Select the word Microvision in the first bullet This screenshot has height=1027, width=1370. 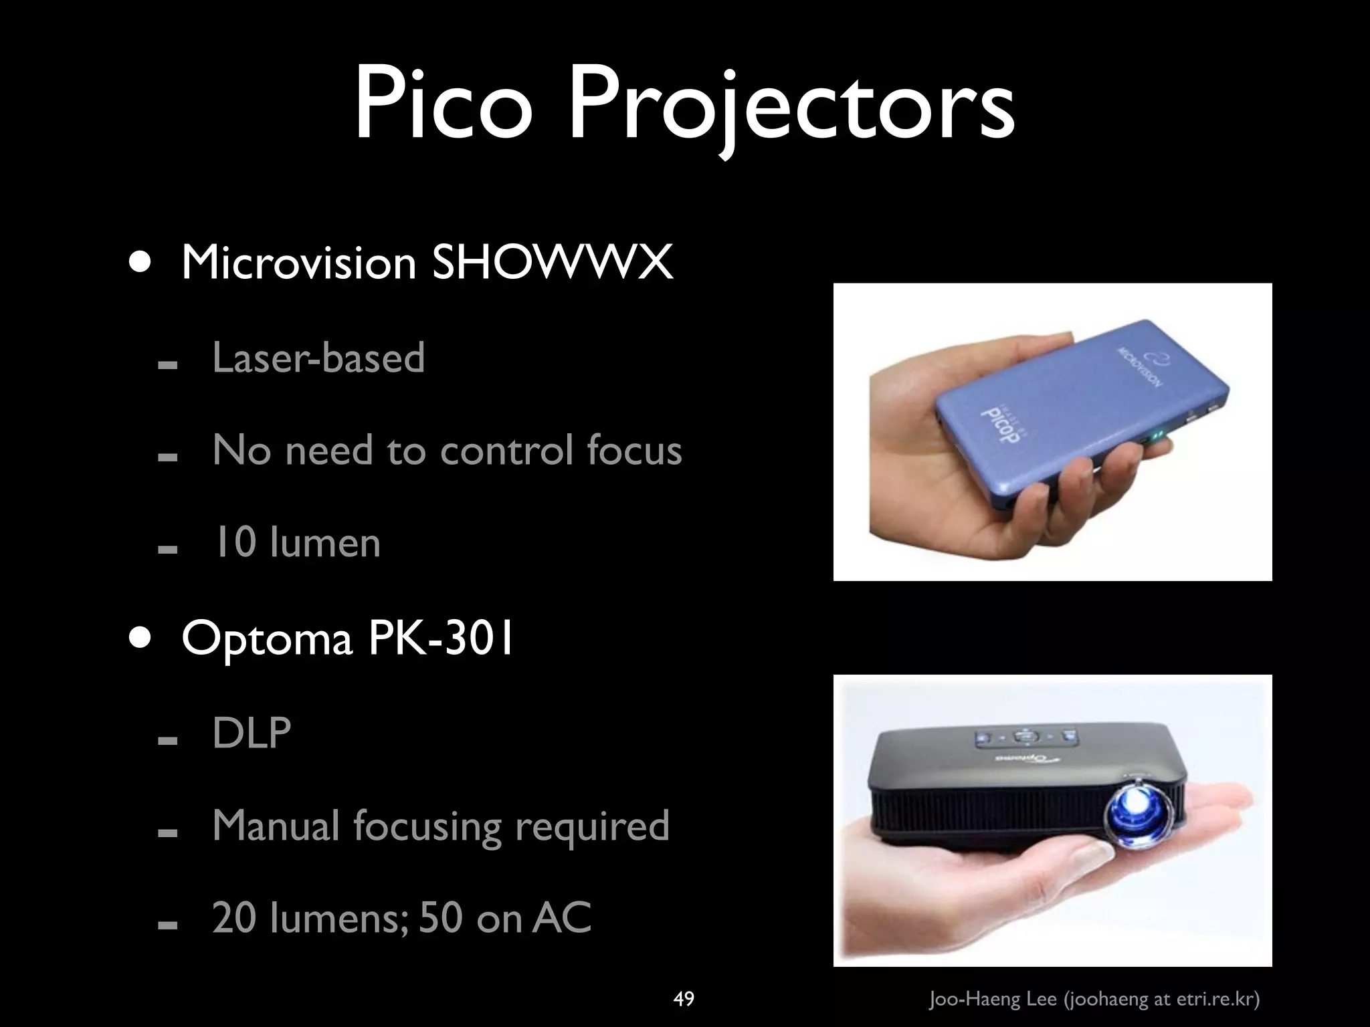click(x=299, y=263)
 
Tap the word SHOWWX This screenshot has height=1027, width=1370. click(x=553, y=263)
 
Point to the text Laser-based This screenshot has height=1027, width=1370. click(x=318, y=357)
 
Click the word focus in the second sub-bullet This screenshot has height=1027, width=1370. click(x=634, y=449)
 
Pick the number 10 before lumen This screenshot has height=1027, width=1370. click(x=233, y=542)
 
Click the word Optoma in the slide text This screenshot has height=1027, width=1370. click(x=266, y=639)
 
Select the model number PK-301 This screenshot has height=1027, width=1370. click(x=441, y=638)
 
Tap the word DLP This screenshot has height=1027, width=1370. click(x=252, y=733)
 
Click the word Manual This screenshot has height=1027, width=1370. click(x=276, y=825)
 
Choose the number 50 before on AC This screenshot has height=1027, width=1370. click(x=441, y=917)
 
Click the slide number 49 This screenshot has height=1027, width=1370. click(x=684, y=999)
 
